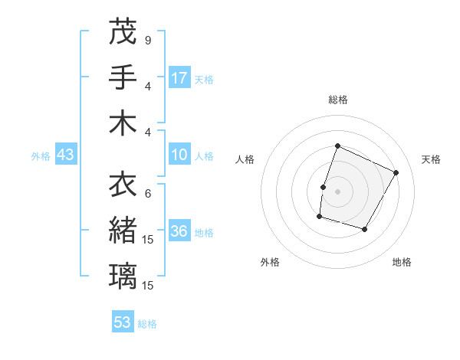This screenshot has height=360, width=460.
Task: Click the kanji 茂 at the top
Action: point(123,32)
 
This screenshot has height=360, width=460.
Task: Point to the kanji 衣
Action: point(123,184)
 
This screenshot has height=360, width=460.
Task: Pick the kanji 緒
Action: point(123,230)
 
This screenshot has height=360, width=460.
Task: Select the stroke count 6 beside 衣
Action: point(148,193)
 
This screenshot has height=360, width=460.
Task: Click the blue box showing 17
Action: point(179,78)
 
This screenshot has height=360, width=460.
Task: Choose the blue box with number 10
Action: point(179,155)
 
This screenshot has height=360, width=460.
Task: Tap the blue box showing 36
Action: point(179,232)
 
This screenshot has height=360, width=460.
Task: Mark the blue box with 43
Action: point(65,155)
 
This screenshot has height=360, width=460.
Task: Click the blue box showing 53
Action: point(123,322)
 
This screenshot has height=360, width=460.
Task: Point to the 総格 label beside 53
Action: point(147,324)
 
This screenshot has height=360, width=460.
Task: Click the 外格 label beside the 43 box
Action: point(41,156)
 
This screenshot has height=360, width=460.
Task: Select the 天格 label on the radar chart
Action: point(432,159)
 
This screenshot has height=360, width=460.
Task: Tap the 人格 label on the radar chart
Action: point(245,159)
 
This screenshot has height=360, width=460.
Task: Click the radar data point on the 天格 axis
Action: point(396,173)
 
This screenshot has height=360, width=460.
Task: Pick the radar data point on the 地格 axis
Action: point(365,230)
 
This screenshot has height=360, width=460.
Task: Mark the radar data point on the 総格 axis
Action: point(337,146)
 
